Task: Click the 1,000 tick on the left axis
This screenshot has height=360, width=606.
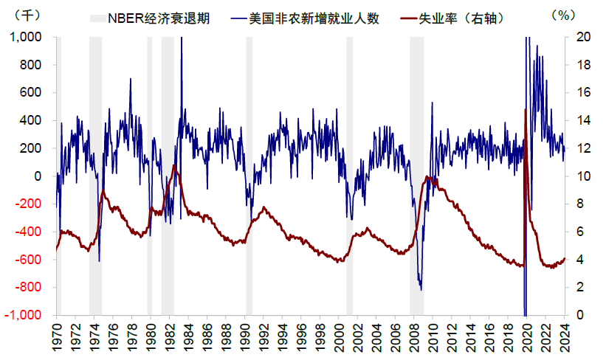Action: pos(26,37)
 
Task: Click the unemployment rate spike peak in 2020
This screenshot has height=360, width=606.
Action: pos(525,109)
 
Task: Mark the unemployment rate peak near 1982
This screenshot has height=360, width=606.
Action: pos(174,165)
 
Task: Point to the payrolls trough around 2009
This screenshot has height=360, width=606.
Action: pos(421,289)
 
